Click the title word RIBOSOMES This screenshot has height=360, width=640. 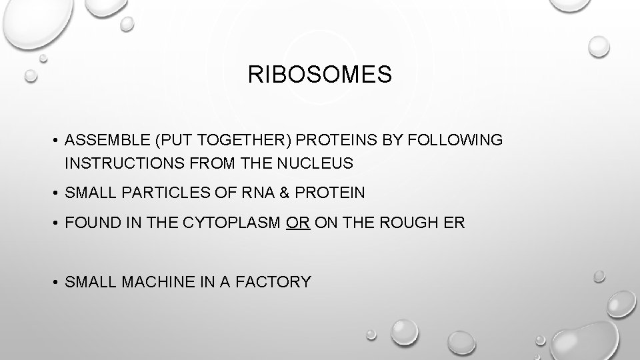pos(320,75)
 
